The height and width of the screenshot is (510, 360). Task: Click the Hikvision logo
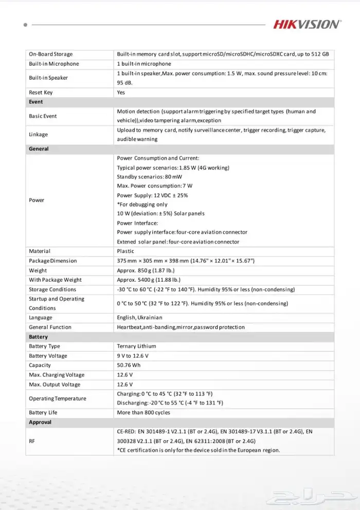(307, 24)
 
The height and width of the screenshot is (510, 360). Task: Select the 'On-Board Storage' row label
(50, 54)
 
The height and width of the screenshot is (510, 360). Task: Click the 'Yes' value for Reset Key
(121, 93)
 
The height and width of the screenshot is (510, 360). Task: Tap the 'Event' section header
(36, 102)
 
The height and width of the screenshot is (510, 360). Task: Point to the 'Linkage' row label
(38, 135)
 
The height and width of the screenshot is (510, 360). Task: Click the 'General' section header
(39, 149)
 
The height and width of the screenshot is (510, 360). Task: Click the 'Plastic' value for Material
(125, 251)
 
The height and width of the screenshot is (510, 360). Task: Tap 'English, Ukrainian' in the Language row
(139, 318)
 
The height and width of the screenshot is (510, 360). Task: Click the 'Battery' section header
(38, 337)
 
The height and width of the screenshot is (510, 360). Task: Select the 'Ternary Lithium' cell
(136, 346)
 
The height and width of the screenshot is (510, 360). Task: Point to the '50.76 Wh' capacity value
(129, 365)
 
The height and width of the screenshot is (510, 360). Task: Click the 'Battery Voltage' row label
(48, 356)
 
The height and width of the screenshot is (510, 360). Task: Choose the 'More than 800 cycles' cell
(143, 412)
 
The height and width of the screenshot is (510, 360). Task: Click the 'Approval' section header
(40, 422)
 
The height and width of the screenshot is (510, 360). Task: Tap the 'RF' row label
(32, 441)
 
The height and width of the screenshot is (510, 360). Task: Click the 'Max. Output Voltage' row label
(55, 385)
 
